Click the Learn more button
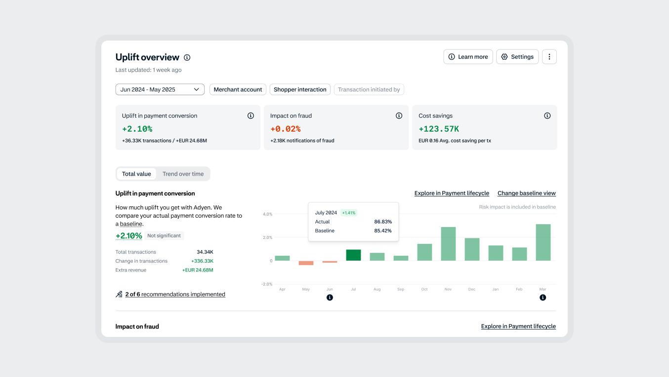pyautogui.click(x=468, y=57)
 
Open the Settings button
pyautogui.click(x=517, y=57)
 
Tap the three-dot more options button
pyautogui.click(x=549, y=57)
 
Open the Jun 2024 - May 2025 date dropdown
pyautogui.click(x=160, y=90)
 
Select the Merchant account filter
pyautogui.click(x=238, y=90)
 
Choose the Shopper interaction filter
pyautogui.click(x=300, y=90)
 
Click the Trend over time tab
pyautogui.click(x=183, y=174)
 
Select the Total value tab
pyautogui.click(x=136, y=174)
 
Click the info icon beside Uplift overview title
pyautogui.click(x=187, y=57)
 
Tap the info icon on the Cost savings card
pyautogui.click(x=547, y=116)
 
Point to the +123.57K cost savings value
pyautogui.click(x=439, y=129)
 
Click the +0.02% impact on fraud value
pyautogui.click(x=285, y=129)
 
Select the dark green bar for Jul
pyautogui.click(x=353, y=255)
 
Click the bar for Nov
pyautogui.click(x=448, y=243)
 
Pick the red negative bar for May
pyautogui.click(x=306, y=263)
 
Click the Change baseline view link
pyautogui.click(x=526, y=193)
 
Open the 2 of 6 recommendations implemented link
pyautogui.click(x=175, y=294)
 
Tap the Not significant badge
pyautogui.click(x=164, y=236)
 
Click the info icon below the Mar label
pyautogui.click(x=543, y=297)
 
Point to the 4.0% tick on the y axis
pyautogui.click(x=267, y=214)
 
